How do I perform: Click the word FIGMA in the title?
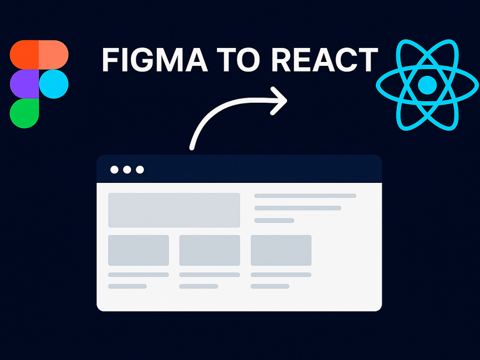coord(155,60)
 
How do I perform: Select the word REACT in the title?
coord(324,60)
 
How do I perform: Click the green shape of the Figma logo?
coord(24,114)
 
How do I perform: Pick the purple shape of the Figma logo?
coord(24,84)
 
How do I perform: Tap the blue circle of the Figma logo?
coord(54,84)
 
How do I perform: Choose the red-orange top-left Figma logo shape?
coord(24,55)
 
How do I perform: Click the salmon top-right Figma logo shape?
coord(54,55)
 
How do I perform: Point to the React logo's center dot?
coord(427,85)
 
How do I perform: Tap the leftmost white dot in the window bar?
coord(115,169)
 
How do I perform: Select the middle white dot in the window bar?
coord(127,169)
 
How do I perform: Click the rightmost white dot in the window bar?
coord(140,169)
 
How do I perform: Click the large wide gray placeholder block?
coord(174,210)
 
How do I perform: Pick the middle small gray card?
coord(210,251)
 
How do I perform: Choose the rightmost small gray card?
coord(281,251)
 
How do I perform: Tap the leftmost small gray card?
coord(139,251)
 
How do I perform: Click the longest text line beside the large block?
coord(305,196)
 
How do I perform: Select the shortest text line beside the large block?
coord(274,220)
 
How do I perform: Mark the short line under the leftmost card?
coord(127,286)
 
